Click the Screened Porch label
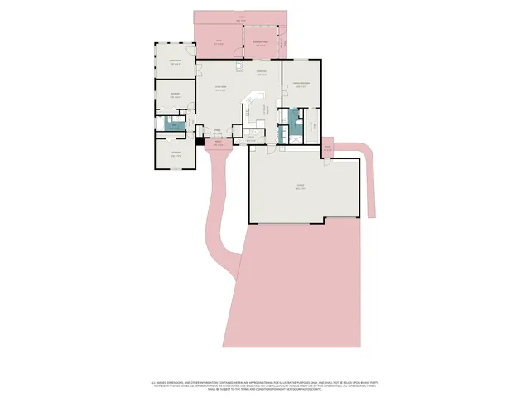(259, 42)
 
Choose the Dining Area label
(261, 74)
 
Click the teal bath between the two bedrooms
(174, 124)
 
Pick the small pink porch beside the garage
(327, 148)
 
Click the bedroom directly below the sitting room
(175, 96)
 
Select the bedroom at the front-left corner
(175, 153)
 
